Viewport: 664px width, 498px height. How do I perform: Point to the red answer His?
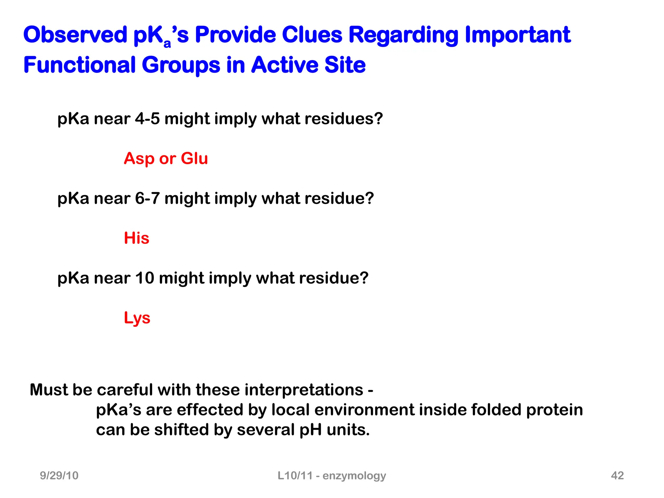(x=136, y=238)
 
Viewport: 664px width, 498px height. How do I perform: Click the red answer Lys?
(x=137, y=318)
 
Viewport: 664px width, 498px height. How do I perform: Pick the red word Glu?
(x=194, y=159)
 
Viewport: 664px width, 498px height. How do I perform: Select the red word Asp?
(x=139, y=159)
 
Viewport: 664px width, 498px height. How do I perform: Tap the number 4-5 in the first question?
(x=147, y=119)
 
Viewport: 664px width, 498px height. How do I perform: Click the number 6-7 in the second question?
(x=147, y=198)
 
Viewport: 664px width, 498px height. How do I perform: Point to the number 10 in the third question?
(x=145, y=278)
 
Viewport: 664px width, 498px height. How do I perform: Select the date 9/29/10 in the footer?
(x=59, y=475)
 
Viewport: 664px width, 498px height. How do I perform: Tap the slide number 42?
(x=617, y=475)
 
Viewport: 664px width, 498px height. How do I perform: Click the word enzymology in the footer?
(x=354, y=476)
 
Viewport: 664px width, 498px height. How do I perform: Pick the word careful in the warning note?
(x=125, y=390)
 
